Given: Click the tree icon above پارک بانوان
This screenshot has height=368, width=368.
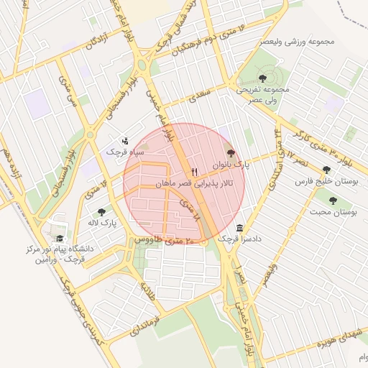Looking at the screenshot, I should tap(230, 152).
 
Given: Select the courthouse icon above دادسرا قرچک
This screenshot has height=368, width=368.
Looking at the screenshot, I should tap(240, 227).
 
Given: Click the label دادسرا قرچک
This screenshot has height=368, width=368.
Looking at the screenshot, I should tap(234, 238).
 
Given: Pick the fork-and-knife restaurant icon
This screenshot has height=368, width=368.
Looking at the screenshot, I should tap(193, 172).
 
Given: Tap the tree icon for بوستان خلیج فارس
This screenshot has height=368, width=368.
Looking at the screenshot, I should tap(326, 170).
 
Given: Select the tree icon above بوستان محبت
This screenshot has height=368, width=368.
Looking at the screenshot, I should tap(333, 201).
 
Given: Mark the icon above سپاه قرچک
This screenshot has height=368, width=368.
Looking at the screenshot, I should tap(126, 141).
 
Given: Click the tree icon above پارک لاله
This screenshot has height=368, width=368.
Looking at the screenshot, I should tap(101, 212).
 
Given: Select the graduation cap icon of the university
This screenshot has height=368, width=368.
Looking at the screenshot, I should tap(60, 238).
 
